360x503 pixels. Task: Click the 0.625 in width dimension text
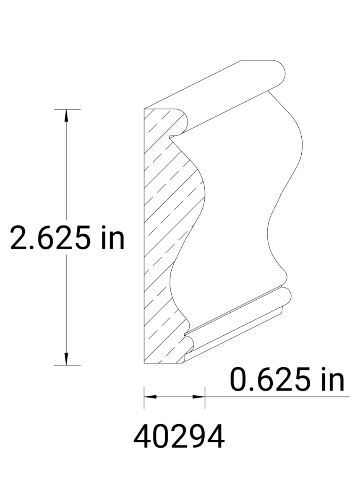point(287,379)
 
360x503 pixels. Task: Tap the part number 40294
point(179,437)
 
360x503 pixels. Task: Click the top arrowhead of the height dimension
point(66,115)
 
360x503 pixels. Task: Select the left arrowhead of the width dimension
point(150,396)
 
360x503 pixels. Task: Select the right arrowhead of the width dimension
point(199,396)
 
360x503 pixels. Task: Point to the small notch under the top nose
point(171,137)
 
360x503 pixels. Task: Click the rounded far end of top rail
point(281,75)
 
